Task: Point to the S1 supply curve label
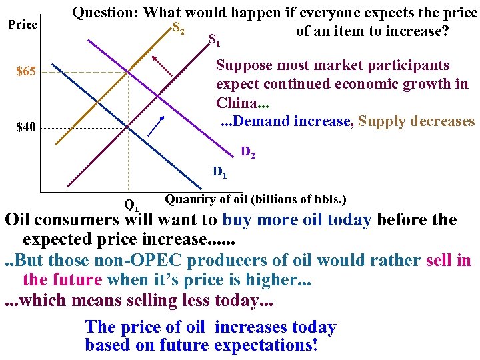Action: pos(214,40)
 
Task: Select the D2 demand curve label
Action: pos(247,153)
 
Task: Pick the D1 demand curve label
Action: pos(219,173)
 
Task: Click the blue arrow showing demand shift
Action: pos(155,125)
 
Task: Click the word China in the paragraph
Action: pos(236,103)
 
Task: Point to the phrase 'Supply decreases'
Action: pos(416,121)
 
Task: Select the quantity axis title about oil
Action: pos(255,199)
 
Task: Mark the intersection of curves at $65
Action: pos(128,72)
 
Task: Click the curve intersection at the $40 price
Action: pos(128,127)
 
